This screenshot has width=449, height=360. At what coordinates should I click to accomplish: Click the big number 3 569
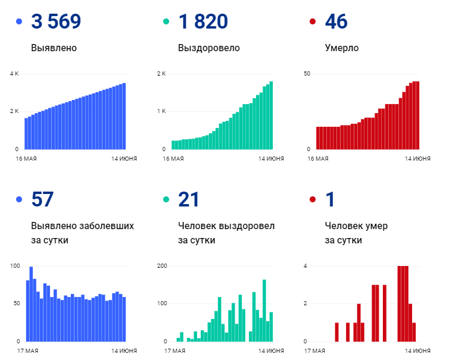click(56, 22)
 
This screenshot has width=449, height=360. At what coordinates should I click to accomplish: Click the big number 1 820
click(202, 22)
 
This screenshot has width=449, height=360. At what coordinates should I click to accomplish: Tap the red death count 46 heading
click(336, 22)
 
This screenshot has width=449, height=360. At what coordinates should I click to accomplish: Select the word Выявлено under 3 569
click(54, 48)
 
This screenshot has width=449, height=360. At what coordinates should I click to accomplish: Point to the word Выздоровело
click(208, 48)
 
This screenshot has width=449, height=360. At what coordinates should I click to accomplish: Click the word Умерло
click(342, 48)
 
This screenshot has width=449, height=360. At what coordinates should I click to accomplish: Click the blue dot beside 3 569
click(19, 22)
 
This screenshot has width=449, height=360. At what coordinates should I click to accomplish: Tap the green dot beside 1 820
click(167, 22)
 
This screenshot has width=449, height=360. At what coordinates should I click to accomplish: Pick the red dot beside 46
click(313, 22)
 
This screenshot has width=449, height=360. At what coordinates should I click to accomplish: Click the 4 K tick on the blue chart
click(14, 74)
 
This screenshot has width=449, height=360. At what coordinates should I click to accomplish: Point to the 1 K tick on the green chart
click(161, 111)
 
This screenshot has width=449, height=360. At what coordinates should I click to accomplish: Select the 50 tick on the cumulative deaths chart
click(308, 74)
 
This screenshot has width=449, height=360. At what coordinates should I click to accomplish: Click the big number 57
click(42, 200)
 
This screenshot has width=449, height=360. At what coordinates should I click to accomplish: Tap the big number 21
click(189, 200)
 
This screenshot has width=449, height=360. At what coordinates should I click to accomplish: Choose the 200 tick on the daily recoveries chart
click(162, 266)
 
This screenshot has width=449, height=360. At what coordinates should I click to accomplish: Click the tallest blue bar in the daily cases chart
click(31, 303)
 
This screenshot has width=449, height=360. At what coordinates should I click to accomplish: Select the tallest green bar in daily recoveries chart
click(264, 310)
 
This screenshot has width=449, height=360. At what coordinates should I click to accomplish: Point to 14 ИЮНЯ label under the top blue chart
click(124, 158)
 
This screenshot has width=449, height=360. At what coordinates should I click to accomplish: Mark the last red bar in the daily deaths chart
click(414, 332)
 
